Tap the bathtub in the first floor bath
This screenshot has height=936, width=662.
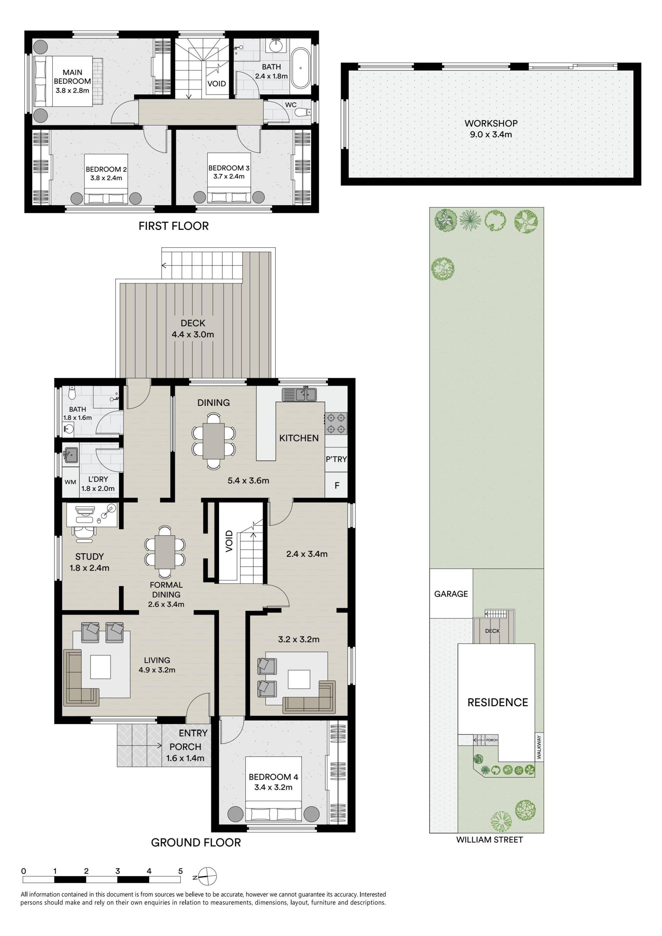301,69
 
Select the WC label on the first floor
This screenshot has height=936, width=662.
291,105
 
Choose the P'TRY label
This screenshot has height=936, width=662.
336,459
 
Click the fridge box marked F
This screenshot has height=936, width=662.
336,485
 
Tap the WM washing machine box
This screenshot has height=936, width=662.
70,482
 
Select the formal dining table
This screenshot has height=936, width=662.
165,551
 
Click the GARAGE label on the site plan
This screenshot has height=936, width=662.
451,594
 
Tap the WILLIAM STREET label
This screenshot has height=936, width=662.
489,840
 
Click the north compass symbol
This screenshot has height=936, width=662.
207,876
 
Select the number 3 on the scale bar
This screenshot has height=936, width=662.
117,871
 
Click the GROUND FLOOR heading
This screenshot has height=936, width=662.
196,843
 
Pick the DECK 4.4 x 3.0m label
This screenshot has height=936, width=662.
193,328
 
